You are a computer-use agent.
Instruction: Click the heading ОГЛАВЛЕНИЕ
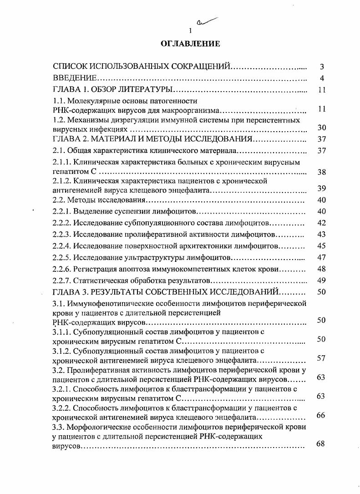coord(190,44)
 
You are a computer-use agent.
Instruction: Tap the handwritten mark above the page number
coord(205,21)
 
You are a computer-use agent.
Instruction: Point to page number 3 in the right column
coord(321,67)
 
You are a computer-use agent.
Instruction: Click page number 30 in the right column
coord(321,128)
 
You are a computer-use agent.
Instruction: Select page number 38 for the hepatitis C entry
coord(321,173)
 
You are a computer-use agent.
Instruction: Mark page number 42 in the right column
coord(321,223)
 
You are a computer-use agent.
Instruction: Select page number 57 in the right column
coord(321,358)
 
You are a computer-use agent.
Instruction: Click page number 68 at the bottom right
coord(321,443)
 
